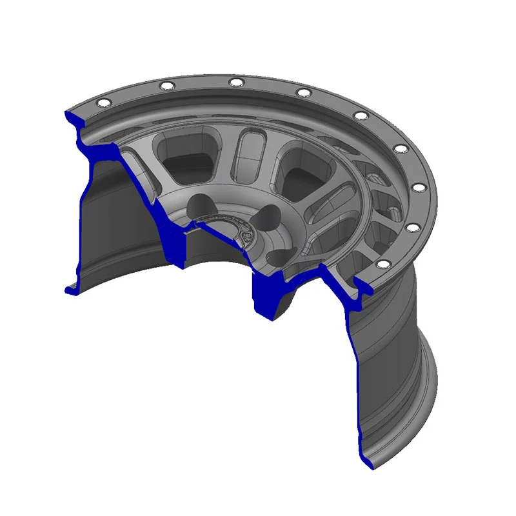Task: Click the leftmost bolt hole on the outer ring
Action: [101, 103]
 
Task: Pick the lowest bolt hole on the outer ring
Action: [381, 264]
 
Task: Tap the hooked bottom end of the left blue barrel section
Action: [70, 290]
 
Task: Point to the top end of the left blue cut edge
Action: [67, 115]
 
